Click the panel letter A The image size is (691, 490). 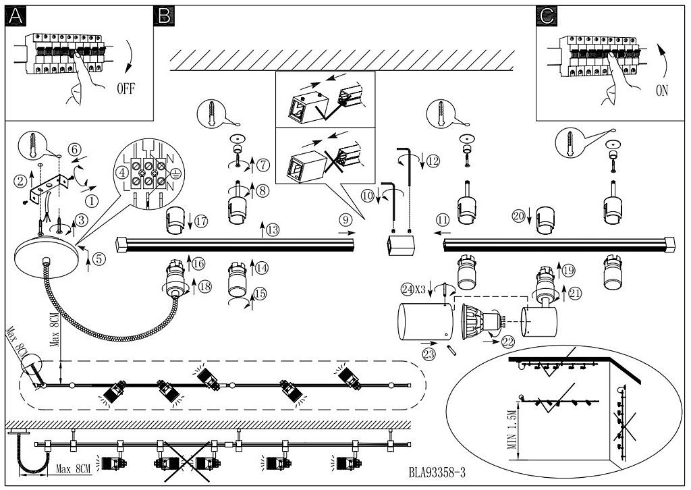point(16,16)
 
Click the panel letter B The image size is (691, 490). point(164,16)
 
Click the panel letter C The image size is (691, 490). point(547,16)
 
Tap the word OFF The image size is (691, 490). point(126,88)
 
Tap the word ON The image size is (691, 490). point(662,91)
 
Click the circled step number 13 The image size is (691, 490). point(273,229)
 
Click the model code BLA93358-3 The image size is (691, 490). point(437,473)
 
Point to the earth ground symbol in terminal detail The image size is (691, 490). point(175,173)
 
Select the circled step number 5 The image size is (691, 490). point(99,259)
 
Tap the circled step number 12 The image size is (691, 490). point(433,161)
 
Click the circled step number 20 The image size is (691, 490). point(518,216)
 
